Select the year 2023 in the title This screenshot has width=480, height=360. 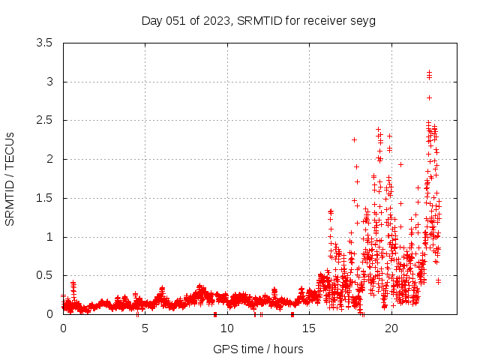215,20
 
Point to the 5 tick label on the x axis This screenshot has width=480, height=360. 145,328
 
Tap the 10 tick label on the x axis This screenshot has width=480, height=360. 227,328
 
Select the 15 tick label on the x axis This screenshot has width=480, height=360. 310,328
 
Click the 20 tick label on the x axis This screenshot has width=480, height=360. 391,328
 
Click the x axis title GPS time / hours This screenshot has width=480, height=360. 258,349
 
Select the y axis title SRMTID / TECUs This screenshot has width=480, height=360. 10,178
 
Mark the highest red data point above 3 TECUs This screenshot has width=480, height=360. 429,73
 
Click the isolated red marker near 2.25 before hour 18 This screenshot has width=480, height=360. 354,139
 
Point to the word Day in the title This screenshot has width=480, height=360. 152,20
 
